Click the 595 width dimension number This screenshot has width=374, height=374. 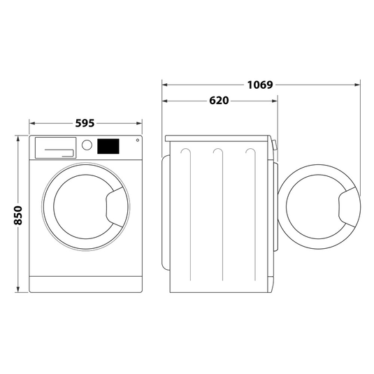click(85, 123)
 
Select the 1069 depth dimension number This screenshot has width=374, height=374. click(259, 85)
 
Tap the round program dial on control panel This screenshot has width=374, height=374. click(87, 145)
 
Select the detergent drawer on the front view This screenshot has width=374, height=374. click(55, 146)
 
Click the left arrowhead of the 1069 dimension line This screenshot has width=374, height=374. click(166, 85)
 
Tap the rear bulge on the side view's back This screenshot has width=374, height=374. click(166, 209)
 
